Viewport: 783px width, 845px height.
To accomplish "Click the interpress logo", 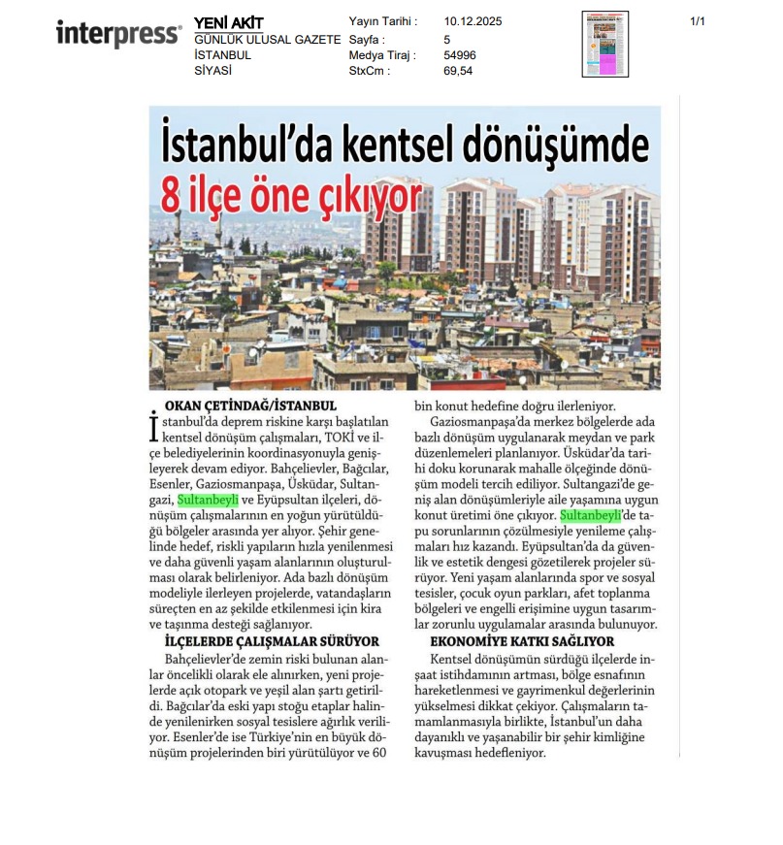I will tap(118, 34).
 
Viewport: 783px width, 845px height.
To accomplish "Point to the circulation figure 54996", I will tap(460, 55).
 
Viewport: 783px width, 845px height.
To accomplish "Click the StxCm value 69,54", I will tap(458, 71).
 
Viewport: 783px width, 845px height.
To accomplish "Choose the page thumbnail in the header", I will tap(604, 44).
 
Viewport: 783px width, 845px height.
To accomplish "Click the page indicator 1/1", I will tap(697, 21).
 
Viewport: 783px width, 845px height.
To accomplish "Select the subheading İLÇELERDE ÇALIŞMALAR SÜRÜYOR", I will tap(272, 641).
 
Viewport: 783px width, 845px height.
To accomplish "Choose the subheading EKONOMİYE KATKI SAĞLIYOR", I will tap(522, 641).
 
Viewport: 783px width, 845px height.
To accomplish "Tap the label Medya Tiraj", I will tap(381, 55).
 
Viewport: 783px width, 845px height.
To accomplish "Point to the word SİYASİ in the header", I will tap(212, 71).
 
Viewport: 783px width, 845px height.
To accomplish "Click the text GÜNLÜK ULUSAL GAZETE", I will tap(267, 40).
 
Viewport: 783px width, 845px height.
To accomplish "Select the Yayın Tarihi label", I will tap(382, 21).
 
